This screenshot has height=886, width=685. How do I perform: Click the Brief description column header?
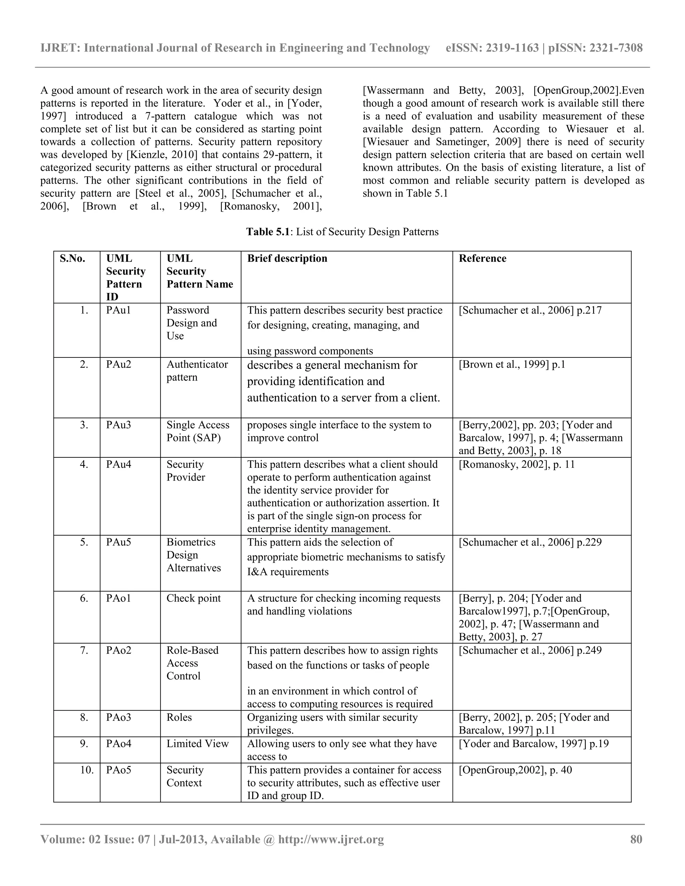[x=287, y=258]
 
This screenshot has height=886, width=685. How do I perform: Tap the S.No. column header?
[x=72, y=258]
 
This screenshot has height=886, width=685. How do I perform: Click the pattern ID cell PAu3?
[x=118, y=425]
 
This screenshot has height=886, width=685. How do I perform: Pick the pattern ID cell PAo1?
[x=118, y=598]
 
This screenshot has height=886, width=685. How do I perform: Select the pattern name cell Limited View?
[x=197, y=744]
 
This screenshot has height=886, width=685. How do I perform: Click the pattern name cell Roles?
[x=179, y=717]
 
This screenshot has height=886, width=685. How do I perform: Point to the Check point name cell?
[x=194, y=598]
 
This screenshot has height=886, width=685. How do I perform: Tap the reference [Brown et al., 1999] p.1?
[x=512, y=364]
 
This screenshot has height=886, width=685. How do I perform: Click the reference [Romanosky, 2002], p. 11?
[x=516, y=464]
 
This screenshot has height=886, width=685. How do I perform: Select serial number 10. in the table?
[x=87, y=770]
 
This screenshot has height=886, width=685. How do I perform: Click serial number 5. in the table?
[x=84, y=542]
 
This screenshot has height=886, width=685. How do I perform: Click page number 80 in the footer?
[x=636, y=839]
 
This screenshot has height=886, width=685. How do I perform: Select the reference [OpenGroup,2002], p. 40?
[x=515, y=770]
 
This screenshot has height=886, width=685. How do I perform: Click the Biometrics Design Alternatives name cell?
[x=194, y=555]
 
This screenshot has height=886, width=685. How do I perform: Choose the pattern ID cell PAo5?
[x=118, y=770]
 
